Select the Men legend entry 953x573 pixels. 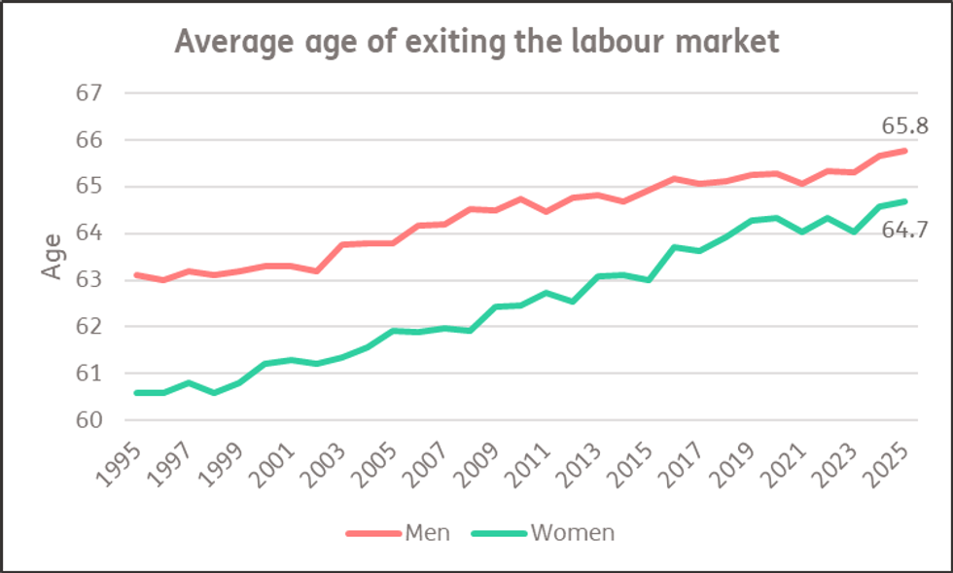click(x=400, y=532)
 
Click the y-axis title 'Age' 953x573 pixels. click(x=54, y=256)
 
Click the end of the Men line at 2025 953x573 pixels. click(x=906, y=150)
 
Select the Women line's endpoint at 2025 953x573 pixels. click(x=906, y=201)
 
